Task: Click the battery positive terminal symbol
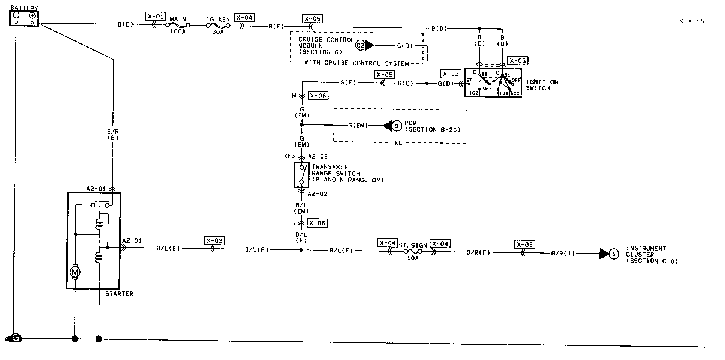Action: [32, 15]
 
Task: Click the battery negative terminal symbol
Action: [16, 15]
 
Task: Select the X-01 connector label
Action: [155, 16]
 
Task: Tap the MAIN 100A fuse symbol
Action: [178, 25]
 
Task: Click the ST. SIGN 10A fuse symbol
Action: [413, 252]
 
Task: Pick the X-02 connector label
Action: [214, 240]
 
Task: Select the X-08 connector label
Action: [524, 244]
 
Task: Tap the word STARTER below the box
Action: [119, 294]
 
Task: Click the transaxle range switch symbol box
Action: [301, 174]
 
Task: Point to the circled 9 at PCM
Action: [397, 126]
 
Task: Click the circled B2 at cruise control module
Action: [360, 46]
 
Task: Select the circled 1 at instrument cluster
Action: [614, 254]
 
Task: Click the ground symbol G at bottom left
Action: [15, 338]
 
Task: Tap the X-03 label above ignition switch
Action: [517, 61]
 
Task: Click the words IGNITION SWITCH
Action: [542, 85]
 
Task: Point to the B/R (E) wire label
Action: [112, 135]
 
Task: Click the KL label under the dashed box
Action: [398, 143]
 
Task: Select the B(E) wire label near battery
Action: [125, 25]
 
